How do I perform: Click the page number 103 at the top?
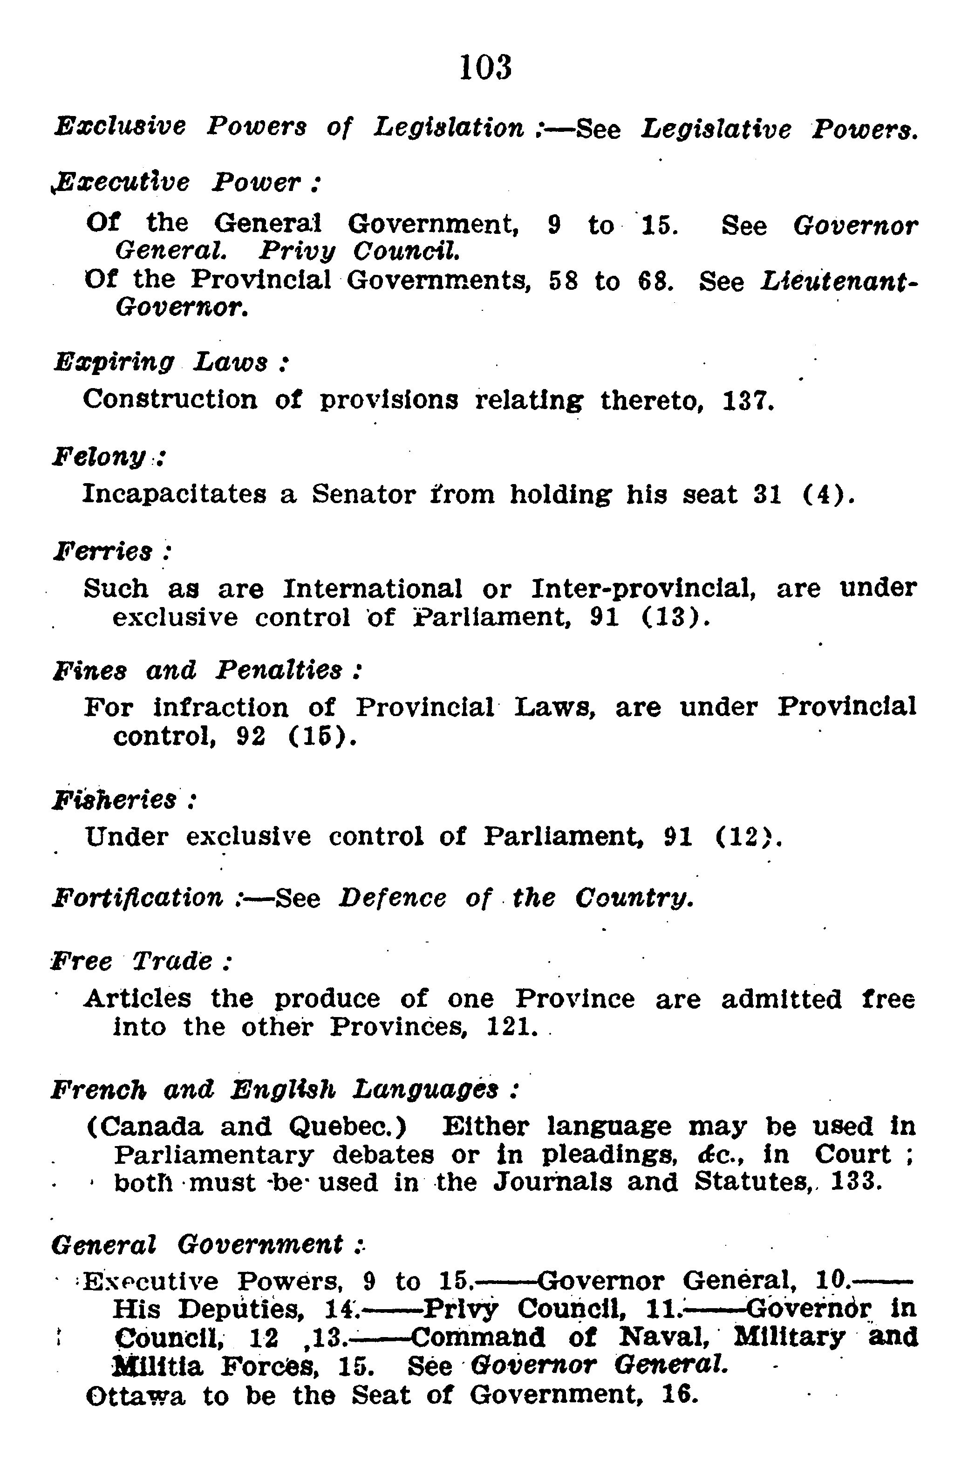[486, 68]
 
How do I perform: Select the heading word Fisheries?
[115, 799]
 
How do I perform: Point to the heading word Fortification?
[137, 898]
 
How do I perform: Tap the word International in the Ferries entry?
[372, 588]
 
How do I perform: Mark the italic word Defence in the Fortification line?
[393, 898]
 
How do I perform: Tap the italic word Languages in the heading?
[425, 1090]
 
